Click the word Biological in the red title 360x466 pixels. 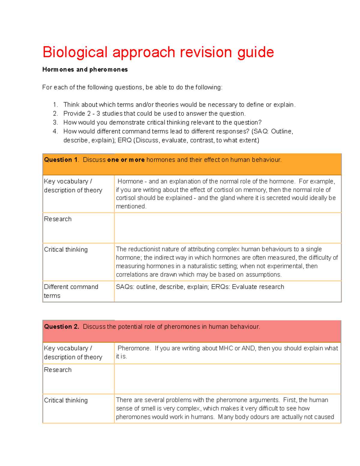[75, 53]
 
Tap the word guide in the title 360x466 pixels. [255, 53]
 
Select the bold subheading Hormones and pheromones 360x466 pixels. [85, 70]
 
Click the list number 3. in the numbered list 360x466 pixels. [55, 122]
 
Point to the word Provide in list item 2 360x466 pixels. [74, 113]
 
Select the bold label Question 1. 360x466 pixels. [61, 160]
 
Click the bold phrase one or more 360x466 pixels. [126, 160]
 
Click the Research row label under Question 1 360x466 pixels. [58, 219]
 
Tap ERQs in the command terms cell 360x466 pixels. [220, 287]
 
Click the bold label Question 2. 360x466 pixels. [61, 326]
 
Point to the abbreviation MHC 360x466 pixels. [226, 348]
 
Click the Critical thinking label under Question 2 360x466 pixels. [66, 400]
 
